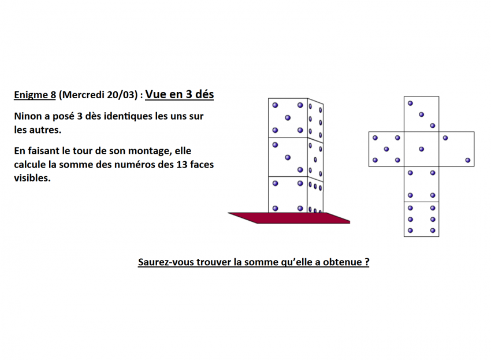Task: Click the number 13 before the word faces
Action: (181, 165)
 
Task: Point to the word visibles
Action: (32, 178)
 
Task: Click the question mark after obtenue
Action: (367, 262)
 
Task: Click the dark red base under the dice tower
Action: (289, 218)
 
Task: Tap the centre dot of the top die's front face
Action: (288, 118)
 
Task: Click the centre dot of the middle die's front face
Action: (288, 157)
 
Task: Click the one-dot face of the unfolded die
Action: (422, 149)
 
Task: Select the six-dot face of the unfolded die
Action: (422, 219)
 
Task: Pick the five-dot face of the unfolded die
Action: (386, 149)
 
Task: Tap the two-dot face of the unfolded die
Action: (456, 149)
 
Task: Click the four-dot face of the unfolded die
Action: (422, 184)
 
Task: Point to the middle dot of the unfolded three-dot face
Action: (422, 114)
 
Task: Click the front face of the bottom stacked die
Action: (288, 195)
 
